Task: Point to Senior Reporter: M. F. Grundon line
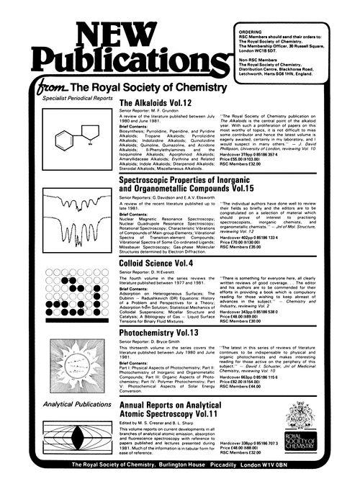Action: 151,113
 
